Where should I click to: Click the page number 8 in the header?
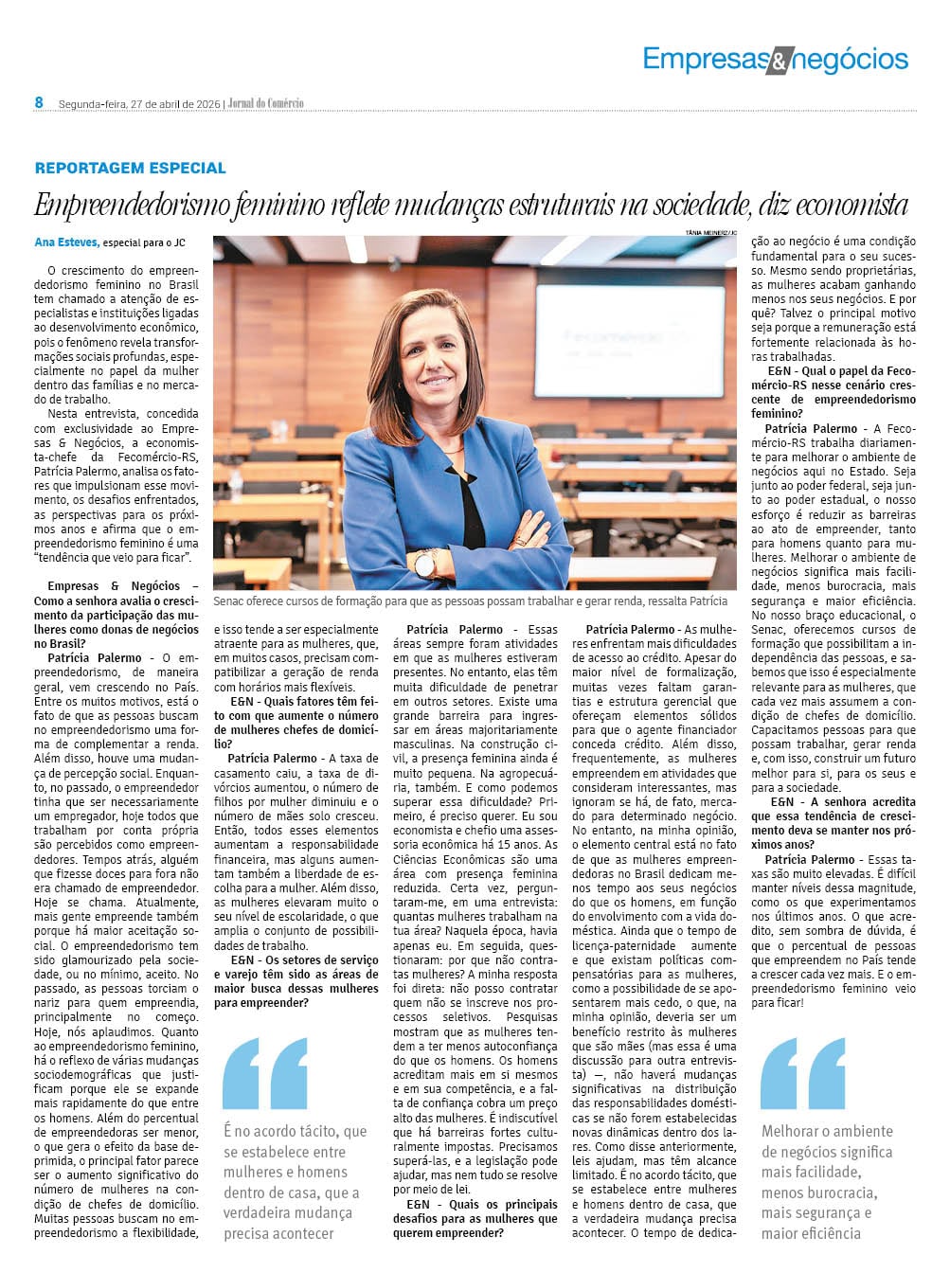pyautogui.click(x=39, y=102)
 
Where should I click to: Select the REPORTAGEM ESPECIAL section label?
pyautogui.click(x=131, y=168)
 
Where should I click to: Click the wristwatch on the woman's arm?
pyautogui.click(x=425, y=565)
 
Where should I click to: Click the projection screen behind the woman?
pyautogui.click(x=629, y=340)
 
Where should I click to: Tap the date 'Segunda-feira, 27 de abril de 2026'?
pyautogui.click(x=139, y=103)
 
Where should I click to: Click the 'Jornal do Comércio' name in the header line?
pyautogui.click(x=266, y=103)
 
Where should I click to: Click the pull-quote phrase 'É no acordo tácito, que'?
pyautogui.click(x=295, y=1131)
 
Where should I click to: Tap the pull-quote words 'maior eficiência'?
pyautogui.click(x=811, y=1232)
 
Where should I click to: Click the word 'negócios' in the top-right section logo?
pyautogui.click(x=849, y=59)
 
